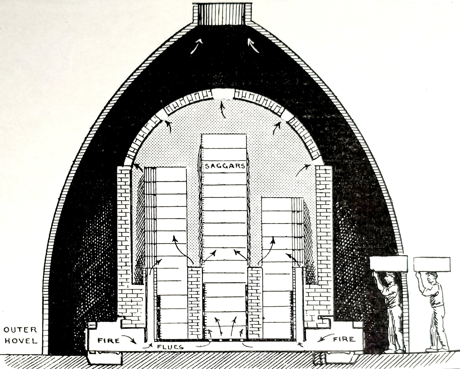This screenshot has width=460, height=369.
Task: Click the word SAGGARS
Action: click(x=225, y=166)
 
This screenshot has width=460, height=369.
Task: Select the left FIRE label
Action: click(x=109, y=340)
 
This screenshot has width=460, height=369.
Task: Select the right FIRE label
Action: click(x=344, y=339)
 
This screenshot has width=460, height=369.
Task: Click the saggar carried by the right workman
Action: click(x=432, y=264)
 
